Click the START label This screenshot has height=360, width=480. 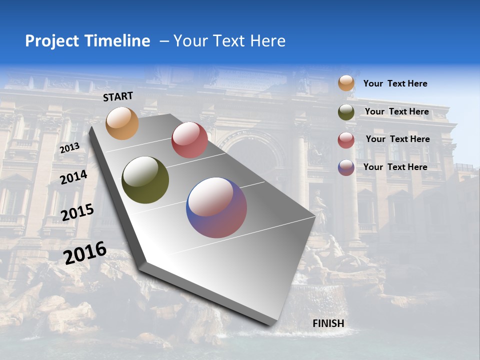(x=118, y=96)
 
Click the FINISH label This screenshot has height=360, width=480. (x=328, y=323)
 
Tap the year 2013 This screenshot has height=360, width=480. (x=70, y=148)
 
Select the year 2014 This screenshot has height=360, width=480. (x=73, y=177)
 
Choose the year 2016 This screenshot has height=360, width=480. (x=85, y=252)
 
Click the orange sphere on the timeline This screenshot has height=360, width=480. (x=122, y=123)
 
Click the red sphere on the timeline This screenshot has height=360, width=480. (x=189, y=140)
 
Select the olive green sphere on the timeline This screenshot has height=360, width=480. (x=145, y=180)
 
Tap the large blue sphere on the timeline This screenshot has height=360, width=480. (x=216, y=207)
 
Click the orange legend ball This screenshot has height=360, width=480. (x=346, y=83)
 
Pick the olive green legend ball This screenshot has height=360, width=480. (x=346, y=112)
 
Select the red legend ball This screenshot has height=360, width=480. (x=346, y=140)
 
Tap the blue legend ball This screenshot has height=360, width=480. (x=346, y=167)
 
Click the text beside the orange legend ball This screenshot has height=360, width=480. (x=395, y=83)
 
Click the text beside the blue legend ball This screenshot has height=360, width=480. (x=395, y=167)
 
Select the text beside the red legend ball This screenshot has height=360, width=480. (x=397, y=139)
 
